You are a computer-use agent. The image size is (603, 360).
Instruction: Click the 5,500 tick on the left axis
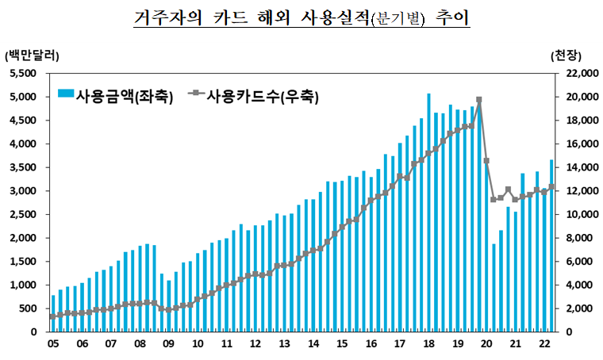pyautogui.click(x=25, y=73)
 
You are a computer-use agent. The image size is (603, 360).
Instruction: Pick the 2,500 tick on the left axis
pyautogui.click(x=25, y=214)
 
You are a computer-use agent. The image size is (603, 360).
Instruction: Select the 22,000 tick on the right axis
pyautogui.click(x=576, y=73)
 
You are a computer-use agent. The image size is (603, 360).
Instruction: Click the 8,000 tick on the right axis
pyautogui.click(x=574, y=238)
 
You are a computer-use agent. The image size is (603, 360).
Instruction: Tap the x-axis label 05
pyautogui.click(x=52, y=344)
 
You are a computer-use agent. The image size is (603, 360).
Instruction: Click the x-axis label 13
pyautogui.click(x=283, y=344)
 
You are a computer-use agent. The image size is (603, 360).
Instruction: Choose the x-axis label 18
pyautogui.click(x=428, y=344)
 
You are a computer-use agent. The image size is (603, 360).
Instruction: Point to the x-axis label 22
pyautogui.click(x=544, y=344)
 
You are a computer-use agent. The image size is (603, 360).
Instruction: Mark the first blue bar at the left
pyautogui.click(x=53, y=313)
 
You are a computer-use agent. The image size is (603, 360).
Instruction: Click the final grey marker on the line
pyautogui.click(x=551, y=187)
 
